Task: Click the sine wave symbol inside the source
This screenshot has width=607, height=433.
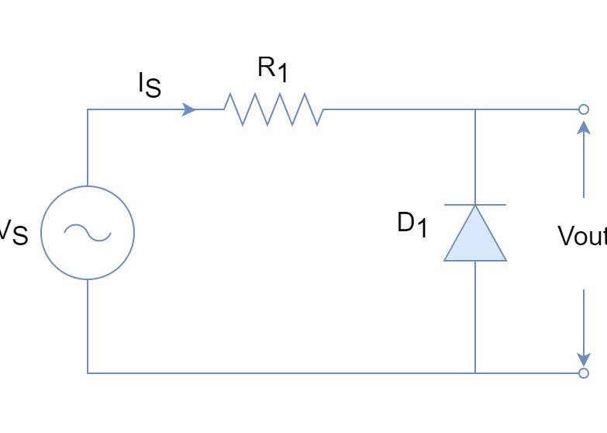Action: [87, 232]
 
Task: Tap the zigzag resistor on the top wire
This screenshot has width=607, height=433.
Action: [274, 109]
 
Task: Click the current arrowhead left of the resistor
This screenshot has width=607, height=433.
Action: [189, 109]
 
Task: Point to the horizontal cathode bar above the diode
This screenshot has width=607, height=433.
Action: [474, 205]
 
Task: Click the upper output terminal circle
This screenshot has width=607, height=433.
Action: [583, 109]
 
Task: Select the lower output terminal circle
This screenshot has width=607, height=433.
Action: [583, 373]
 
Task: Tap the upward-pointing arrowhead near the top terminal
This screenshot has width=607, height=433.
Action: [583, 127]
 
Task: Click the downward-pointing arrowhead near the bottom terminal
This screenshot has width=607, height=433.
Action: [583, 359]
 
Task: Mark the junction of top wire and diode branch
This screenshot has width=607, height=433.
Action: [474, 109]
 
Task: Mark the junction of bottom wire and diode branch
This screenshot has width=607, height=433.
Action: [474, 373]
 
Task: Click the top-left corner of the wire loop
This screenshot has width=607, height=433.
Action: [87, 109]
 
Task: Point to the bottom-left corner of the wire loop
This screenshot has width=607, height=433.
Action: [87, 373]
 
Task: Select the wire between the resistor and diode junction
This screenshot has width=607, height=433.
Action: [399, 109]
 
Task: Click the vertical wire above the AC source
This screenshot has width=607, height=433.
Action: [87, 147]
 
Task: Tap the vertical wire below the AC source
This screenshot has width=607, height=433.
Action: [87, 326]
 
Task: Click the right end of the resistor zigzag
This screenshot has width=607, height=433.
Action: [323, 109]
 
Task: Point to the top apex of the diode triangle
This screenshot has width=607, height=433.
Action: [474, 206]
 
